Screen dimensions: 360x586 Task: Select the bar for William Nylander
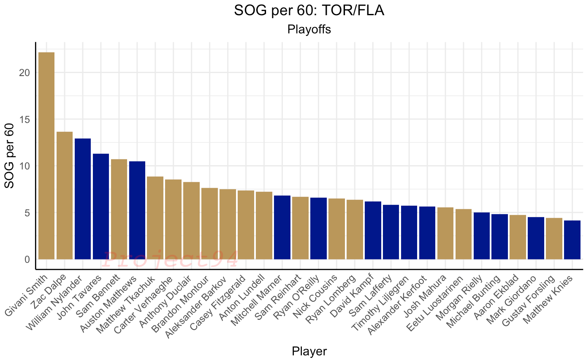pyautogui.click(x=83, y=199)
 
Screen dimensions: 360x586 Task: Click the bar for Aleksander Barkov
pyautogui.click(x=228, y=224)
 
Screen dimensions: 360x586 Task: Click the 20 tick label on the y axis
pyautogui.click(x=25, y=73)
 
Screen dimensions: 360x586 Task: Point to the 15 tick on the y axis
pyautogui.click(x=25, y=119)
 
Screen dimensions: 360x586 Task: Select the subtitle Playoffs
pyautogui.click(x=309, y=30)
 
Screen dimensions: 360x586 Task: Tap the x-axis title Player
pyautogui.click(x=309, y=351)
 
